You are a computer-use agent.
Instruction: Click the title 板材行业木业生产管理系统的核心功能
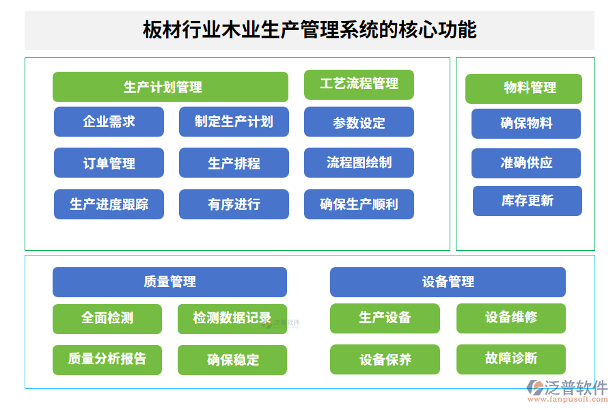point(309,30)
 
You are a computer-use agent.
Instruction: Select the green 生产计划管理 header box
point(170,87)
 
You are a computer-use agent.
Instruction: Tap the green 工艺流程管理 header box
point(359,84)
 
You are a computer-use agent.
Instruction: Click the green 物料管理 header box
point(523,88)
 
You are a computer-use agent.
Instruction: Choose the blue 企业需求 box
point(109,122)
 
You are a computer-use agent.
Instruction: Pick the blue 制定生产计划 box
point(234,122)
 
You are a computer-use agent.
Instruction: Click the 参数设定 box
point(359,122)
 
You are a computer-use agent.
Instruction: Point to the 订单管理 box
point(109,163)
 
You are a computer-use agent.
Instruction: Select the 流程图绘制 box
point(359,163)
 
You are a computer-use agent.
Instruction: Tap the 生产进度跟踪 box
point(109,204)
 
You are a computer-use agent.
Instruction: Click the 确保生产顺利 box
point(359,204)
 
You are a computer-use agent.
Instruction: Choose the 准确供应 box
point(526,163)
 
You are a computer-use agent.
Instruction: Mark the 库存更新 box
point(527,200)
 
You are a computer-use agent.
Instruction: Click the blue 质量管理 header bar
point(169,282)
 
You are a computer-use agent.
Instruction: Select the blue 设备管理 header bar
point(448,282)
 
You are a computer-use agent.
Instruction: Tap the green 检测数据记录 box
point(232,318)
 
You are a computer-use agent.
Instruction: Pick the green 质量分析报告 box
point(107,359)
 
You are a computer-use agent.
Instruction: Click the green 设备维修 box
point(510,318)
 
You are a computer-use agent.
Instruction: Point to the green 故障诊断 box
point(510,359)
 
